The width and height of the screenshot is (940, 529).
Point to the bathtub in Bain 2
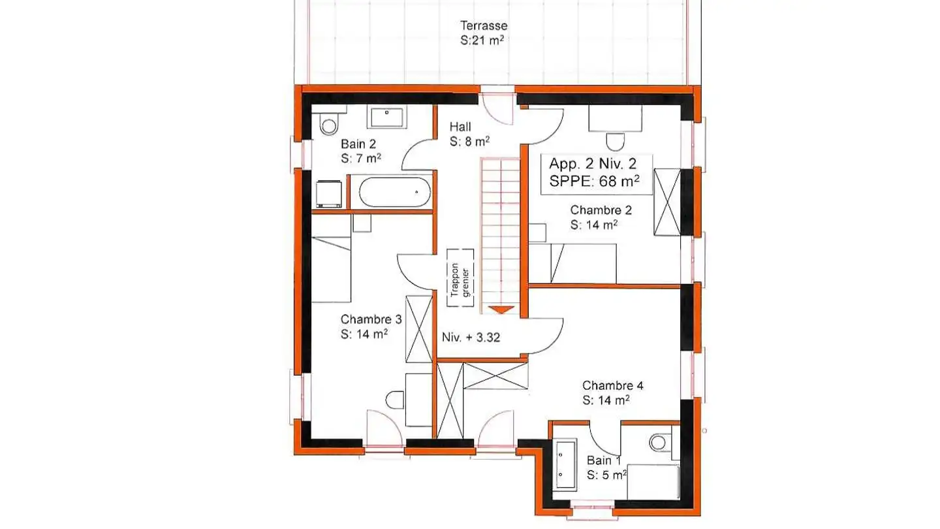click(395, 192)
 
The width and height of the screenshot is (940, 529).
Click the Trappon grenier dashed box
click(460, 277)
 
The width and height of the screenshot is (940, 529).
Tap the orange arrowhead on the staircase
click(501, 310)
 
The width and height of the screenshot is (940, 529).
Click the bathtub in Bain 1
click(565, 465)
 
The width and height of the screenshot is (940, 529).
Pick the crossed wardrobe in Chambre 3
click(418, 329)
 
